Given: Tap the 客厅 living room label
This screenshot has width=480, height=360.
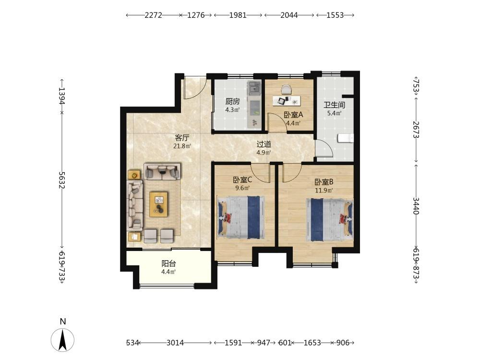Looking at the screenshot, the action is [x=182, y=138].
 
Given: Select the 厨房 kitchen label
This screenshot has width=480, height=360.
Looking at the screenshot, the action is [x=232, y=101].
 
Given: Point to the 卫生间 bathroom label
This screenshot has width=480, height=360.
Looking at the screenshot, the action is [x=334, y=105].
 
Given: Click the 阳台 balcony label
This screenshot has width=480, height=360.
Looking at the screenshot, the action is [x=168, y=263].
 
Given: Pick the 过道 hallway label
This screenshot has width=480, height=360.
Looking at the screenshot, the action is [x=264, y=144].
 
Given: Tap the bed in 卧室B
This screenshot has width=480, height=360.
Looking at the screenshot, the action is [x=330, y=220].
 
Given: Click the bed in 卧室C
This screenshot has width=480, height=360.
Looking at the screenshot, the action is [x=241, y=217].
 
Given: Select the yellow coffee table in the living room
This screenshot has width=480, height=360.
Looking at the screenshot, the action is [x=158, y=204].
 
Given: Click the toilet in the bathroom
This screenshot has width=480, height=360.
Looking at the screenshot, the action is [x=346, y=138].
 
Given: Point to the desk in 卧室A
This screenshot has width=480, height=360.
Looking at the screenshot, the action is [x=287, y=101].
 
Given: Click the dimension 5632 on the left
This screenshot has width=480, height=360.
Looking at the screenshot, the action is [x=62, y=180].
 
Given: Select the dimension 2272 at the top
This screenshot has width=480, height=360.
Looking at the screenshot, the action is [x=153, y=15].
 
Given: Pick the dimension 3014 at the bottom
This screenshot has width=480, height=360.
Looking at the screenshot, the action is [x=175, y=343].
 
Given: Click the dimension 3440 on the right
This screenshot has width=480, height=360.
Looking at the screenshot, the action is [x=416, y=206].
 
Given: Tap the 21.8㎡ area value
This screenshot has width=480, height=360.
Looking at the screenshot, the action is [x=182, y=146].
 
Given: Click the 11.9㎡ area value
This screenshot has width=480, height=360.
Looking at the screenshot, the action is [x=324, y=191].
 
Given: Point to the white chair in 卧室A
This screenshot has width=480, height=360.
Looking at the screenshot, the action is [x=287, y=90].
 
